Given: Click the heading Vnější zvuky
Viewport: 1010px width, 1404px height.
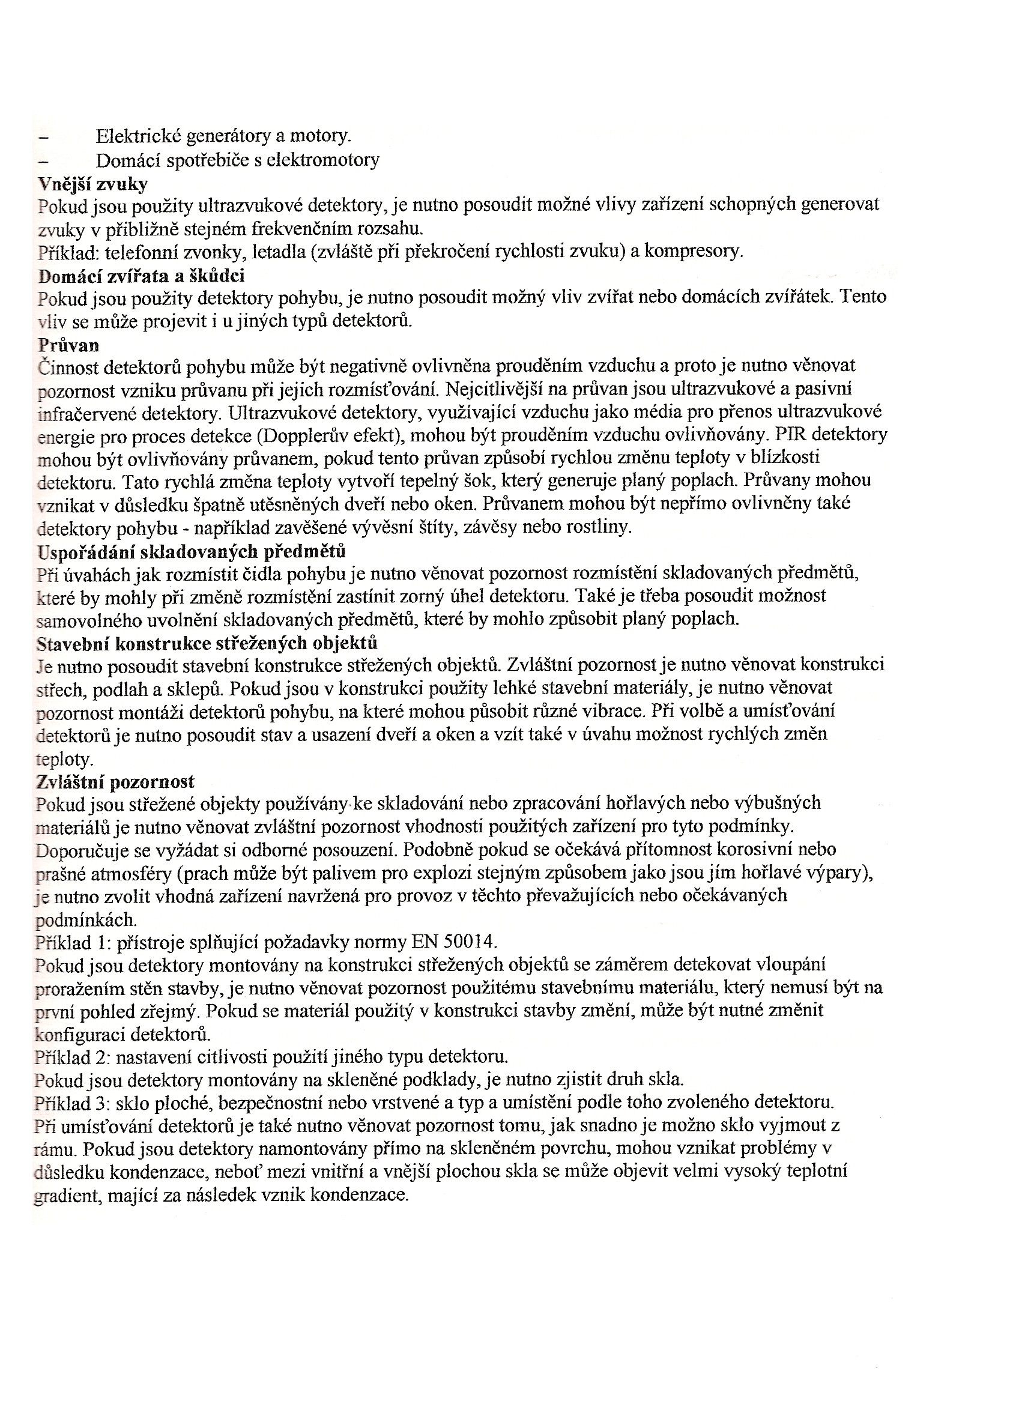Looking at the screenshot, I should pos(93,184).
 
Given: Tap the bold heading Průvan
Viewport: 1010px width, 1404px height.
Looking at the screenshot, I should pos(68,345).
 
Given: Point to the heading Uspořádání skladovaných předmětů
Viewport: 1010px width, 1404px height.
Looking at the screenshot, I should pos(191,551).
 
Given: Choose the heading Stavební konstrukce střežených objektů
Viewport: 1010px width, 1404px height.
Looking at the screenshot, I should pos(207,643).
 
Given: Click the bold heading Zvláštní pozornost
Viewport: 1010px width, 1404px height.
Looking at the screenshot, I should pos(116,781).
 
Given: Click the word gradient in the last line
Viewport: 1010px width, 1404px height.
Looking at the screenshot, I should pos(65,1194).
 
